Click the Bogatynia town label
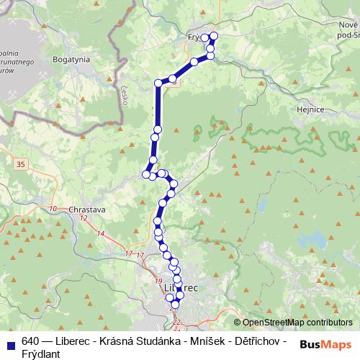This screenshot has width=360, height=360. click(x=71, y=61)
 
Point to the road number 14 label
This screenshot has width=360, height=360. click(x=100, y=234)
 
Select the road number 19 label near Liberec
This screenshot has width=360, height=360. click(x=158, y=280)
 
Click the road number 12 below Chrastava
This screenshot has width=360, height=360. click(x=84, y=217)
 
